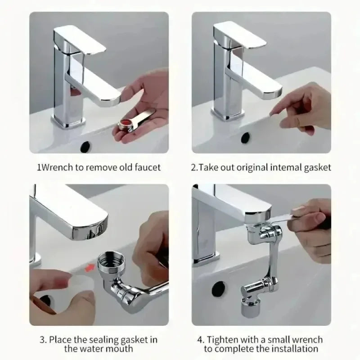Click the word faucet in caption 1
coord(146,167)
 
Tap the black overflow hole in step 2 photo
coord(246,137)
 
